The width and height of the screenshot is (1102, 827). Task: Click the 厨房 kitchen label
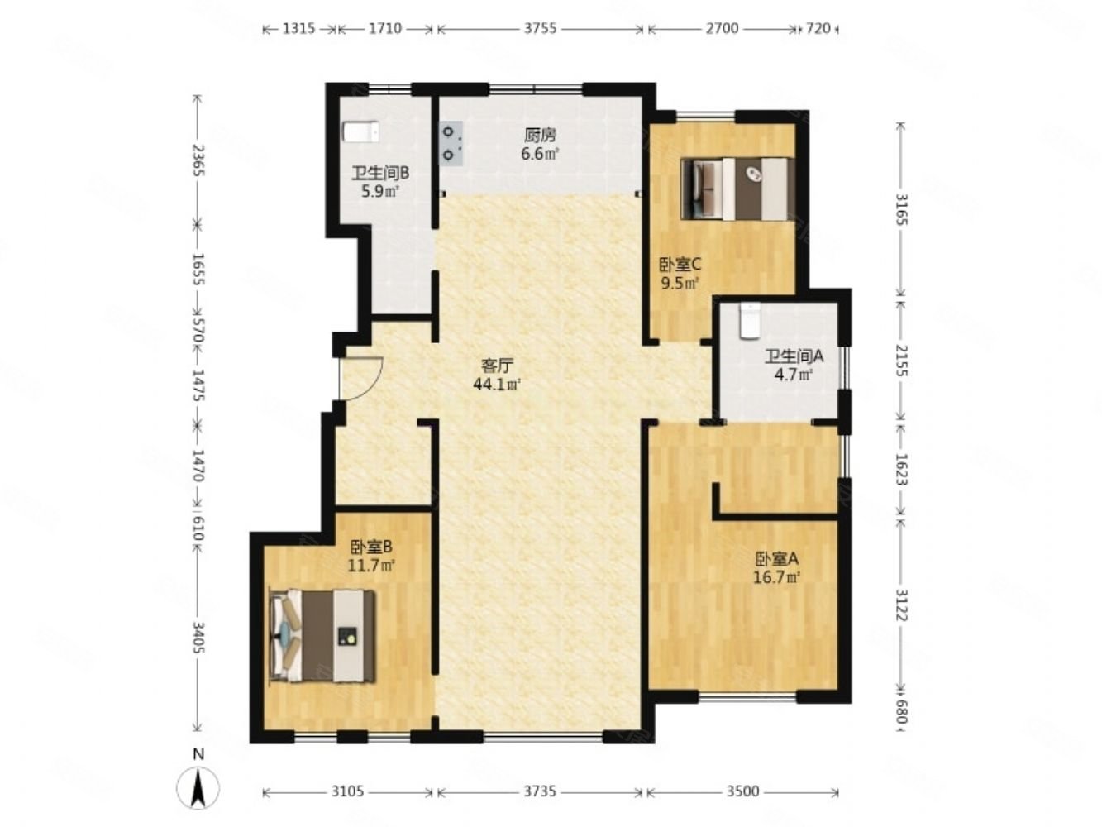tap(540, 135)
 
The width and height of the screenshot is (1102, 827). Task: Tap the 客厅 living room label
tap(497, 366)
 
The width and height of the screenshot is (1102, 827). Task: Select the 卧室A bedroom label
tap(776, 558)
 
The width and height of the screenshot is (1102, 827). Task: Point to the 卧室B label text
tap(371, 546)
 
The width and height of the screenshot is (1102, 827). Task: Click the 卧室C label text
tap(680, 264)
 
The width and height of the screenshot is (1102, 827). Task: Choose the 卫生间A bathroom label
tap(794, 356)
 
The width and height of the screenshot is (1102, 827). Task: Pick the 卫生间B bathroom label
tap(380, 173)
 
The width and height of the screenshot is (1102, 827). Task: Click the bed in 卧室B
tap(322, 636)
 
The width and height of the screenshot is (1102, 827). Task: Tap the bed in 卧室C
tap(737, 189)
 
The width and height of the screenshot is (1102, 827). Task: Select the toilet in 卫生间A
tap(750, 321)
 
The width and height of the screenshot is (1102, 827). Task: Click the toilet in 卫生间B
tap(361, 132)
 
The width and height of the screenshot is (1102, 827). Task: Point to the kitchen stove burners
tap(451, 143)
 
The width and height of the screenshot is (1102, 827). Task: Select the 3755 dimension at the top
tap(540, 29)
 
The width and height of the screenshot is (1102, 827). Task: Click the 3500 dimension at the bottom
tap(742, 791)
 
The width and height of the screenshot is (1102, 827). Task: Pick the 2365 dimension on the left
tap(198, 160)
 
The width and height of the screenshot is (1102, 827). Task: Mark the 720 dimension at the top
tap(818, 29)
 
